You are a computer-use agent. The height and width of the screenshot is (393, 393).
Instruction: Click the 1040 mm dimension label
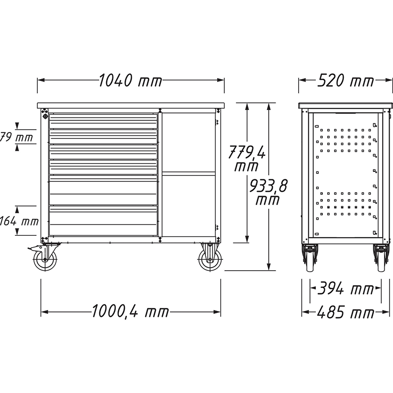(131, 81)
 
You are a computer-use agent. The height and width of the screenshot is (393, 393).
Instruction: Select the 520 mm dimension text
(346, 81)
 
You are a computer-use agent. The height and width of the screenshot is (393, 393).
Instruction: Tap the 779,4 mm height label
(247, 158)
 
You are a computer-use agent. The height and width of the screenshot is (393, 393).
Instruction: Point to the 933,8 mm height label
(268, 192)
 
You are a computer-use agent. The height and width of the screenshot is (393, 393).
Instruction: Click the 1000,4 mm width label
(130, 311)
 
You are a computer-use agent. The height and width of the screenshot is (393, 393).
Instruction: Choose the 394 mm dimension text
(345, 289)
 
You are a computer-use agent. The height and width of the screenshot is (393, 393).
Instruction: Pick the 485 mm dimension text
(345, 312)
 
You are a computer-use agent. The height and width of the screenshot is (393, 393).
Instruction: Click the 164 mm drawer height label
(19, 221)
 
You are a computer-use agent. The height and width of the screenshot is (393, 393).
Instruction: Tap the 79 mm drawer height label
(16, 137)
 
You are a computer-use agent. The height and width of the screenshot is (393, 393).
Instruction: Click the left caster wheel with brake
(45, 260)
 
